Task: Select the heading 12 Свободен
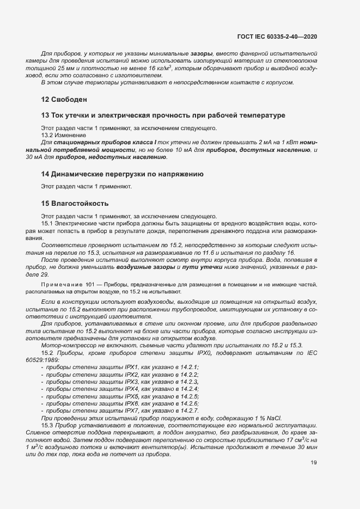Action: click(64, 100)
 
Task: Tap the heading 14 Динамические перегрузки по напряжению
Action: click(123, 174)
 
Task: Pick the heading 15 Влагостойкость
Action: click(75, 204)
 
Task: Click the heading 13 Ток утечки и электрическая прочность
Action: click(163, 115)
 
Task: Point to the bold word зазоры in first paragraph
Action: click(202, 54)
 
